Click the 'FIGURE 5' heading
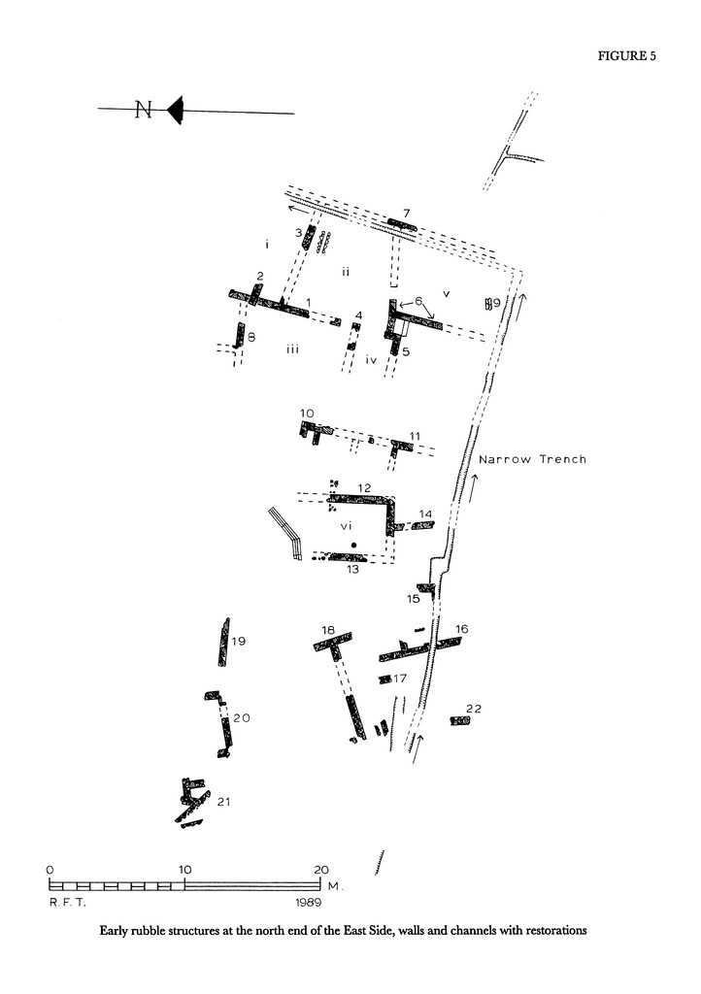(627, 55)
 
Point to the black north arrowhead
(176, 111)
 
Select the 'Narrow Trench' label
(533, 459)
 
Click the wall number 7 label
(408, 213)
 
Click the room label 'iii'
(291, 349)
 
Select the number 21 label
(223, 801)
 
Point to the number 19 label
(239, 641)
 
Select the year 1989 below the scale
(310, 901)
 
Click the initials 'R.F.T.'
(63, 901)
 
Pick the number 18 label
(328, 630)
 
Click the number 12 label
(364, 486)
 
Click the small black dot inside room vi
(354, 544)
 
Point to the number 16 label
(461, 629)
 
